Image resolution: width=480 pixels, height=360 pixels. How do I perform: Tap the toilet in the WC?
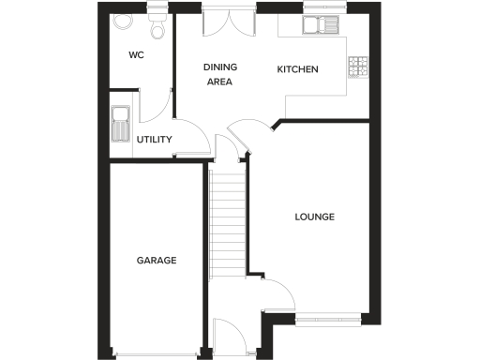pos(157,28)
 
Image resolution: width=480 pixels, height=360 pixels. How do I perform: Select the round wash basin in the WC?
pos(121,21)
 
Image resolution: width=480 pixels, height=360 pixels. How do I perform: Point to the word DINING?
pos(221,67)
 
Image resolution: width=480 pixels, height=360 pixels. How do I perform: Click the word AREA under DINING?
pos(219,82)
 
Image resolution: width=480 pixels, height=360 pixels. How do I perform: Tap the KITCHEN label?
pos(298,69)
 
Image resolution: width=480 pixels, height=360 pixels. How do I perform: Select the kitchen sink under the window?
pos(320,25)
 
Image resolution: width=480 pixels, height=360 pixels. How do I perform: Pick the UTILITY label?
pos(154,140)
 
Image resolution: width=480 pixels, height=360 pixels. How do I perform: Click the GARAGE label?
pos(157,261)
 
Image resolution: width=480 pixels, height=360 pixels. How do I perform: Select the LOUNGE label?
pos(315,217)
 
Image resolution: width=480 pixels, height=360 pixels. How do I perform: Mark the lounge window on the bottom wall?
pos(328,317)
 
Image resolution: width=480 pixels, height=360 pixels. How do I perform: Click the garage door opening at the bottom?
pos(157,353)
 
